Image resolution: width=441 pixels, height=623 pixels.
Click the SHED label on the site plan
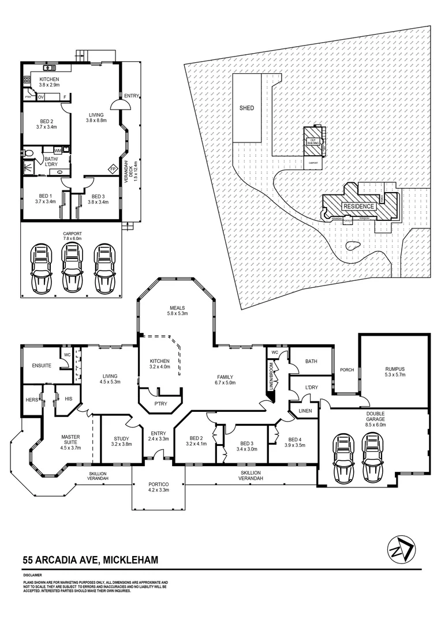(246, 108)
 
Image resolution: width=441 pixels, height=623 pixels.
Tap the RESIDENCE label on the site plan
(360, 206)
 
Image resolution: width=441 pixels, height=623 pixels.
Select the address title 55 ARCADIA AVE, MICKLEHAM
(91, 559)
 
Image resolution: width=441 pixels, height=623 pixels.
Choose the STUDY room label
(121, 441)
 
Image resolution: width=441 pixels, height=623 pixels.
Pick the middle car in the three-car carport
(72, 268)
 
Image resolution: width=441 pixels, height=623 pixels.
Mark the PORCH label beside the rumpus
(347, 370)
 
